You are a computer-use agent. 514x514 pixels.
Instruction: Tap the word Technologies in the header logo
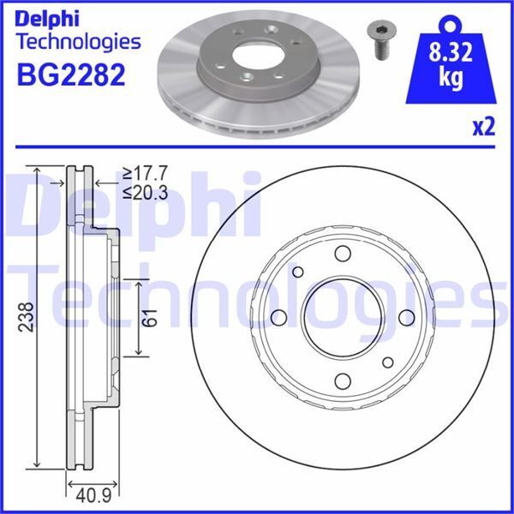[78, 41]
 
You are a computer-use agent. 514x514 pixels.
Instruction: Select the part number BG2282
[71, 74]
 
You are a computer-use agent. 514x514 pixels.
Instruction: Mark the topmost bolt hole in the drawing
[343, 254]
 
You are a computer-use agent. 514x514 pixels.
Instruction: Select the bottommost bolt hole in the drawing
[343, 381]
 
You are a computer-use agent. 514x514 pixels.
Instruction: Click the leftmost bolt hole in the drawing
[279, 318]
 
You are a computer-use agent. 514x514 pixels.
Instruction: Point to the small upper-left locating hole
[299, 272]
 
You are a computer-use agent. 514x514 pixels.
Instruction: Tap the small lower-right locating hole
[387, 362]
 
